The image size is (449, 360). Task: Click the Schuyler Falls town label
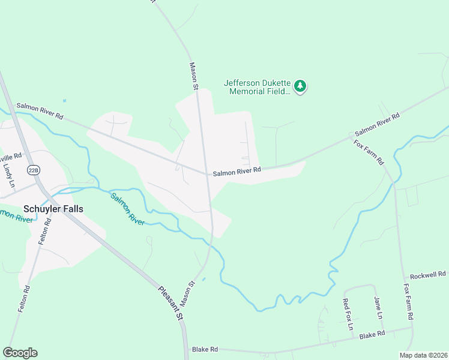point(53,209)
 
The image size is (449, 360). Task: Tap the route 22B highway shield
point(33,170)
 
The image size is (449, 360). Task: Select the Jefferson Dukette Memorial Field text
point(256,87)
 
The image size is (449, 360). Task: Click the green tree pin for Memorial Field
point(301,87)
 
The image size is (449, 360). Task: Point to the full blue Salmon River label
point(127,208)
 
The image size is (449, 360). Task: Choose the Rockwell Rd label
point(426,274)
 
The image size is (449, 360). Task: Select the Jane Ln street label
point(378,308)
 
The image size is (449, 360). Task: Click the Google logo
point(20,353)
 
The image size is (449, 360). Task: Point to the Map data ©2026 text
point(423,355)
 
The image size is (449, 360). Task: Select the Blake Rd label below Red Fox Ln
point(372,335)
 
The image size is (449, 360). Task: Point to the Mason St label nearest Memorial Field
point(194,76)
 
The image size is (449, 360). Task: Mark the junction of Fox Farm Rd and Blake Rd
point(412,328)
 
